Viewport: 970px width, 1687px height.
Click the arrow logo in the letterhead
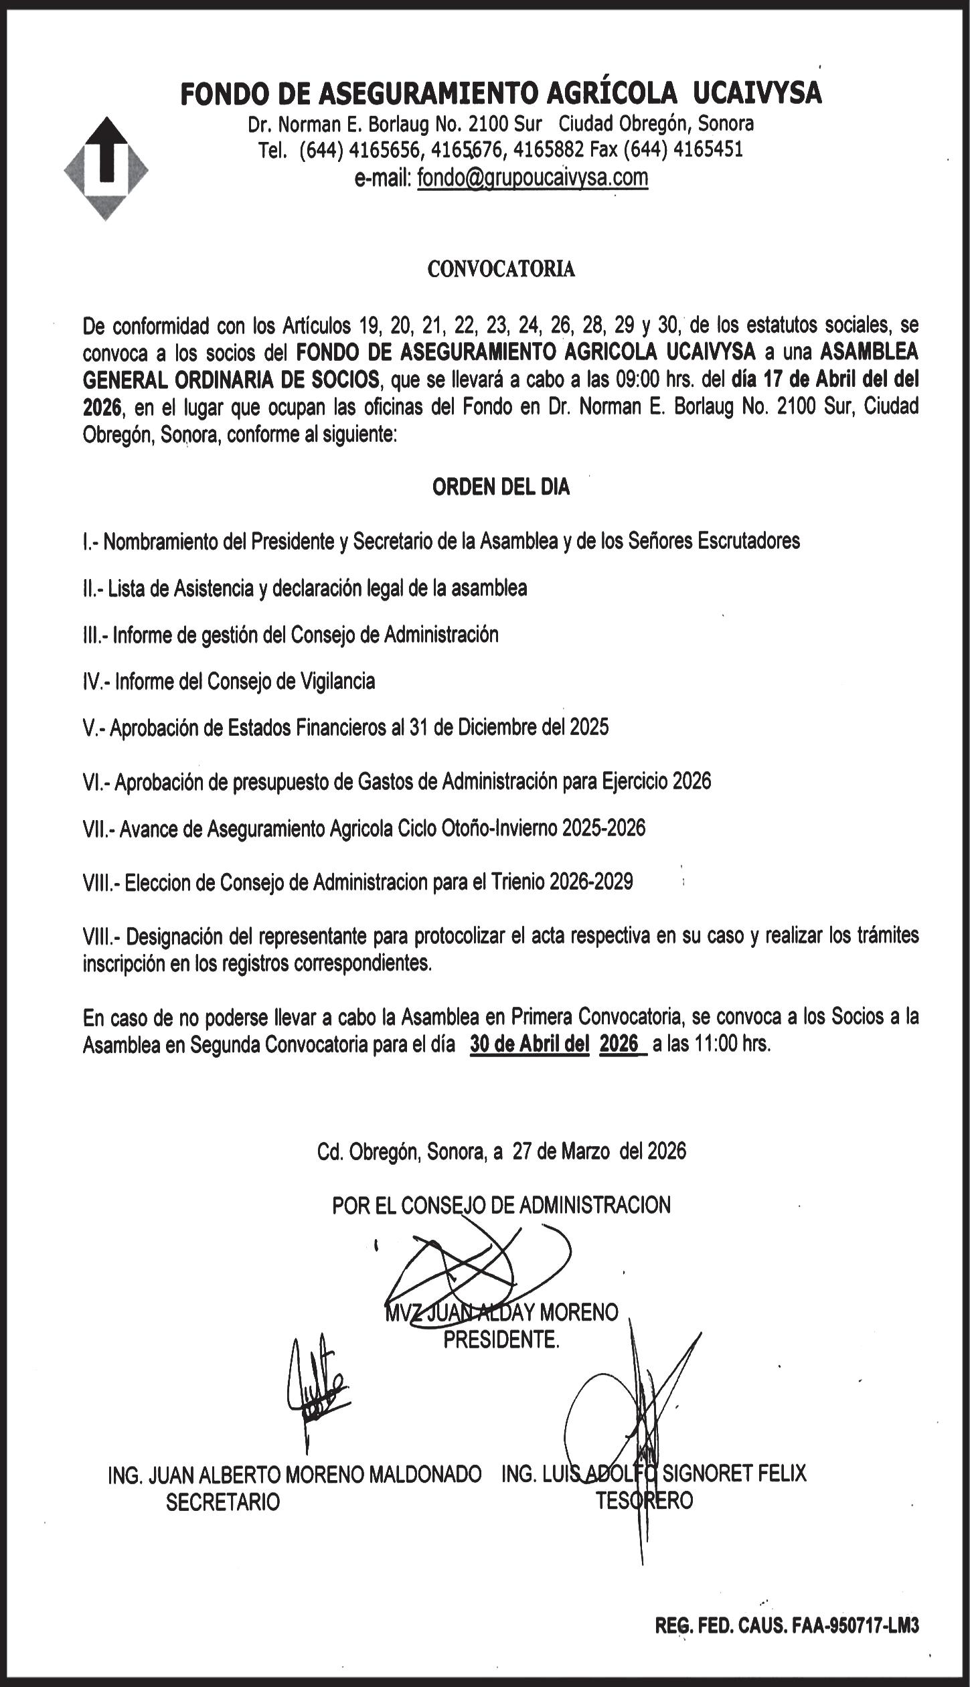pos(106,168)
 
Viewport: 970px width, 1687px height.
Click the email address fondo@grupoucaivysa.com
pos(532,178)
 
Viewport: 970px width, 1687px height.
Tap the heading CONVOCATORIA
pos(501,269)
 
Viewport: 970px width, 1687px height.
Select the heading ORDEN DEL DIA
pos(501,487)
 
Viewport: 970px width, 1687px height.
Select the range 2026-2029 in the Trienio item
pos(591,882)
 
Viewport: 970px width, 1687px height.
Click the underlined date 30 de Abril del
pos(529,1044)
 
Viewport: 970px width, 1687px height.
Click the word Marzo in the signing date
pos(584,1151)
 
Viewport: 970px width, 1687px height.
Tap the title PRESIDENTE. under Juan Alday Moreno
pos(501,1340)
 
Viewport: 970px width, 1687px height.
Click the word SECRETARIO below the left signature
pos(223,1503)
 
